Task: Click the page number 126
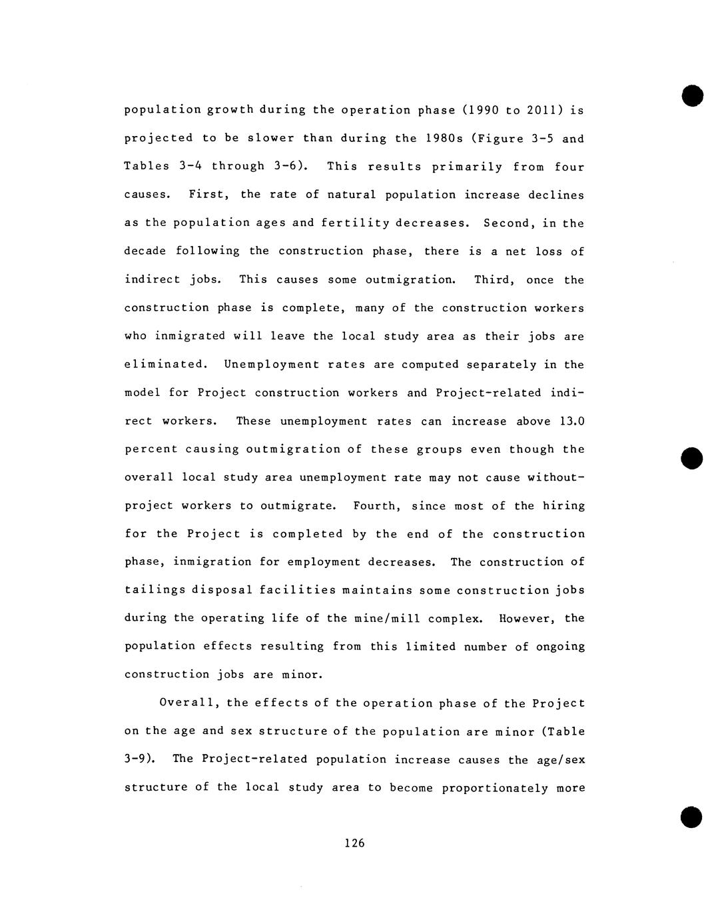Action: [x=354, y=843]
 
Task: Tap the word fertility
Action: [x=355, y=223]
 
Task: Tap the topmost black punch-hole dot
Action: [x=692, y=95]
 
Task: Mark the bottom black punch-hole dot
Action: [x=692, y=817]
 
